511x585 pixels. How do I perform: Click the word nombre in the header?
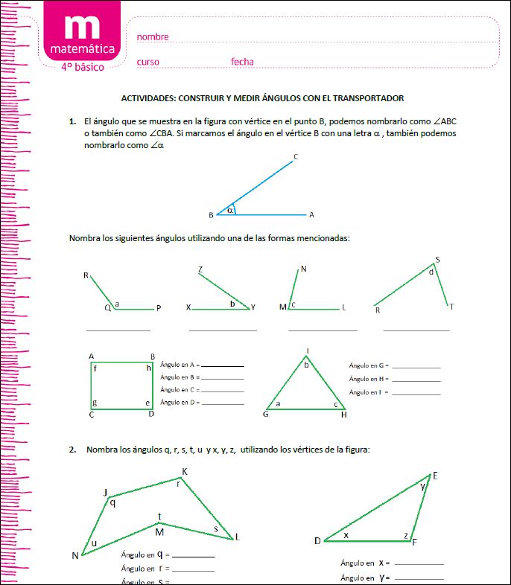click(153, 36)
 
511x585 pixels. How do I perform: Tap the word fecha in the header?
click(242, 62)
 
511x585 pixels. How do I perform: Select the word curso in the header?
click(147, 62)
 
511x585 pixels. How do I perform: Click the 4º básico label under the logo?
click(83, 67)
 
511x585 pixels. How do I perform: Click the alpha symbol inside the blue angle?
click(231, 210)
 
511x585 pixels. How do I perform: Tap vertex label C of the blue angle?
click(296, 156)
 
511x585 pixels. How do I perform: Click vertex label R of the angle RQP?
click(86, 275)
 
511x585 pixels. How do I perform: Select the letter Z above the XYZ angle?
click(200, 269)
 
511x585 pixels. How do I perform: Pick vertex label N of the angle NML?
click(303, 269)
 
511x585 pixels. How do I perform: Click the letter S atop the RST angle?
click(437, 260)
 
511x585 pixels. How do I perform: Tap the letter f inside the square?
click(95, 368)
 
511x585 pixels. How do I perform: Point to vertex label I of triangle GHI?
click(307, 351)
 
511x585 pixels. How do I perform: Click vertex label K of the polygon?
click(185, 471)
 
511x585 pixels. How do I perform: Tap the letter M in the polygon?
click(159, 531)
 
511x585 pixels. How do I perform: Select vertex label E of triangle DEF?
click(435, 475)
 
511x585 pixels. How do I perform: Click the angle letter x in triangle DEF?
click(346, 535)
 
